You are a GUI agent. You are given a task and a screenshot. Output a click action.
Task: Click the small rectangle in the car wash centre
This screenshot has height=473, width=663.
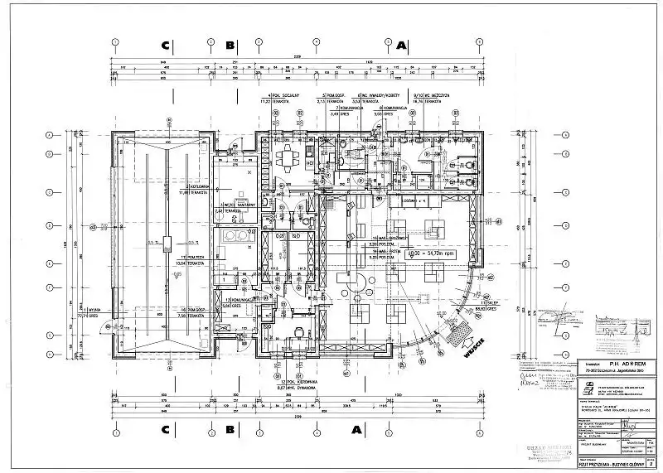click(x=167, y=244)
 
